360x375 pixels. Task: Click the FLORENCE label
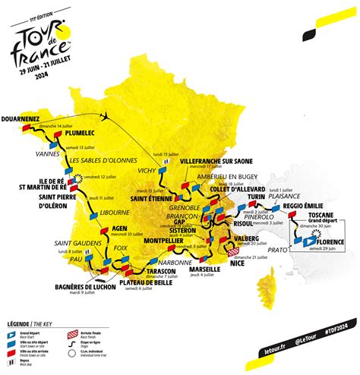tap(326, 242)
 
